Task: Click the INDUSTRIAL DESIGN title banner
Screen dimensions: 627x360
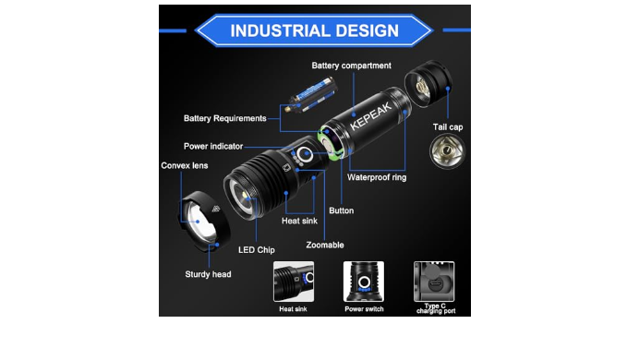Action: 314,30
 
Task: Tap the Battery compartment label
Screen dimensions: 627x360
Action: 352,66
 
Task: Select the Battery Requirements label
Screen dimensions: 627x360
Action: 224,118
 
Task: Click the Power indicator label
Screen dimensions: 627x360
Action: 213,146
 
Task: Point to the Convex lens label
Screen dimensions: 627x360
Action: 185,165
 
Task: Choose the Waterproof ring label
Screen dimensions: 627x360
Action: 377,177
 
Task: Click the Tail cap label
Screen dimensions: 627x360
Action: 448,127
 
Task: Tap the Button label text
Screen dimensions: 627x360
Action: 341,210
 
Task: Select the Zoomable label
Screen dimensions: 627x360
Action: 325,245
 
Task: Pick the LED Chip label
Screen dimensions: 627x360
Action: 257,250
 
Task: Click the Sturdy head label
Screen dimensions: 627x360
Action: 208,274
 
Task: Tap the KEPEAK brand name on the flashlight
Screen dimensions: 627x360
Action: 370,116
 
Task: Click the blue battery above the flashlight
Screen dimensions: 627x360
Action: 313,94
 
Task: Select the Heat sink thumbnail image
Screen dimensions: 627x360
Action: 294,282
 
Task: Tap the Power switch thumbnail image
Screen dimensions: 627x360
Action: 364,282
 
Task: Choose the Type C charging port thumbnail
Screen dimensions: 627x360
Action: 434,282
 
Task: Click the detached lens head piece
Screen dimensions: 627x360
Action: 204,221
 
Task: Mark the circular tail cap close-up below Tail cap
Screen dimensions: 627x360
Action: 448,151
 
